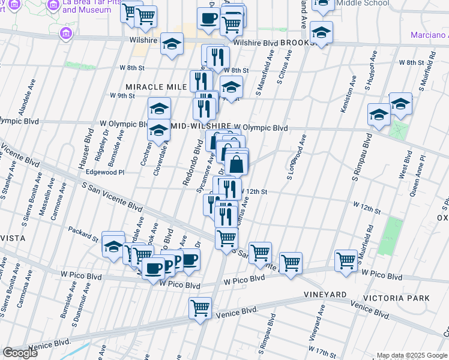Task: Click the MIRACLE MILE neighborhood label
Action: pyautogui.click(x=155, y=87)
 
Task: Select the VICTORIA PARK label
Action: pyautogui.click(x=396, y=298)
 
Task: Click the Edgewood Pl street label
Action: pyautogui.click(x=106, y=172)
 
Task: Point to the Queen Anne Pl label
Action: pyautogui.click(x=418, y=175)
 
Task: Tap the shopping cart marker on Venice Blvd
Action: pyautogui.click(x=200, y=308)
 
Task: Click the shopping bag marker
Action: pyautogui.click(x=237, y=163)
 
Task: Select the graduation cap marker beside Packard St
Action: pyautogui.click(x=113, y=245)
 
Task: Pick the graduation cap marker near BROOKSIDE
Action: pyautogui.click(x=322, y=34)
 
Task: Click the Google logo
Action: pyautogui.click(x=20, y=353)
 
